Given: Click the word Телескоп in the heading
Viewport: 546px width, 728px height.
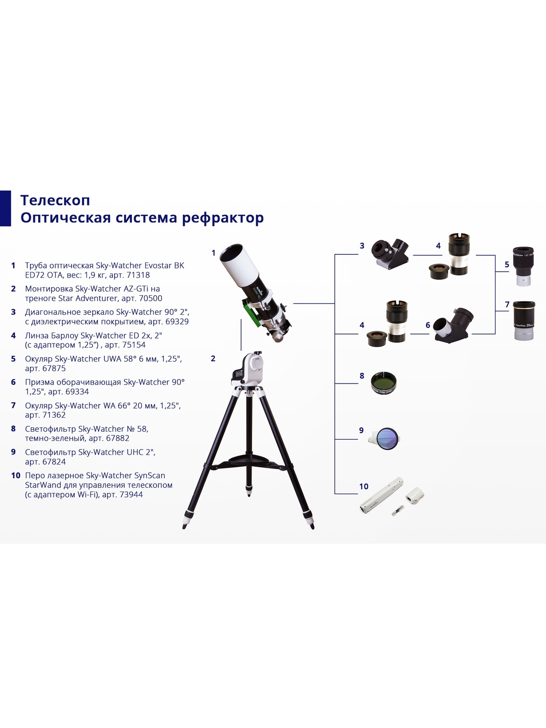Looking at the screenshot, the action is coord(55,200).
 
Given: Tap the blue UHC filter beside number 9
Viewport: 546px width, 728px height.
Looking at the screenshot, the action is coord(386,439).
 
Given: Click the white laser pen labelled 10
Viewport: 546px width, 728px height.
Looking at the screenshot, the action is coord(382,495).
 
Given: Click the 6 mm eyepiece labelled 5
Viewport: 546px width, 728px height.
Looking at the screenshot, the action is coord(523,266).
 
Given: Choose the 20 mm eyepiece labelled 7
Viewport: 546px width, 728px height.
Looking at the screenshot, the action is coord(524,320).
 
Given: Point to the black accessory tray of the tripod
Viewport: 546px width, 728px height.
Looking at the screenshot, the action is coord(248,460).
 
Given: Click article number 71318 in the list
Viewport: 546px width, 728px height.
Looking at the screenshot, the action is coord(138,275).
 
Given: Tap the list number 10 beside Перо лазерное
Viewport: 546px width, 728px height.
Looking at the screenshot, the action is coord(15,475).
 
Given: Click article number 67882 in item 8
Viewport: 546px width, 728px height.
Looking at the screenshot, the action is coord(118,438).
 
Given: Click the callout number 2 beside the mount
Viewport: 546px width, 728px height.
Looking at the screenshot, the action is coord(213,358).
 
